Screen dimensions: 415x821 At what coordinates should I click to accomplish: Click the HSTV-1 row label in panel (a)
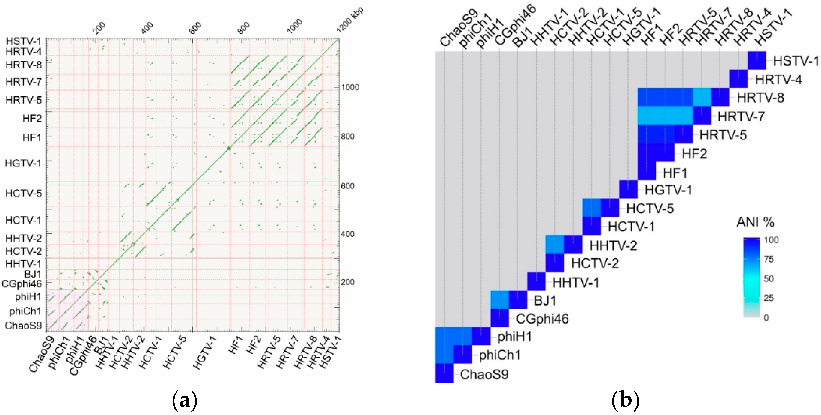[24, 41]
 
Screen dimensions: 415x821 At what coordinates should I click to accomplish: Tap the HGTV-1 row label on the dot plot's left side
[23, 163]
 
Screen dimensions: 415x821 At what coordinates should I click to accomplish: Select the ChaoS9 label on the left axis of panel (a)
[23, 325]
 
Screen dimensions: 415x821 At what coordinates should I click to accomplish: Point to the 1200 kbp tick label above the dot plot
[350, 20]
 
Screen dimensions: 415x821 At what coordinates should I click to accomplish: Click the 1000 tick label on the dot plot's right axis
[350, 87]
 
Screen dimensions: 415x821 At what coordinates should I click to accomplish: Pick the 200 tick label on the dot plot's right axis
[348, 282]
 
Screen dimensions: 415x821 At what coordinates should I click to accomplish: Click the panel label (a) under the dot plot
[184, 401]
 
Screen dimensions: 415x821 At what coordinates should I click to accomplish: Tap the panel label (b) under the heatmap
[625, 401]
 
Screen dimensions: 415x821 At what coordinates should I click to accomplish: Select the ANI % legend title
[755, 222]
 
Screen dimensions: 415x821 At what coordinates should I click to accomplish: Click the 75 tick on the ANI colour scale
[769, 259]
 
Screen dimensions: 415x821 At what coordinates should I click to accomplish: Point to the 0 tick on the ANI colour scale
[766, 318]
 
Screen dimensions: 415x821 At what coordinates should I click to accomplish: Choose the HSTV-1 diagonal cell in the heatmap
[757, 61]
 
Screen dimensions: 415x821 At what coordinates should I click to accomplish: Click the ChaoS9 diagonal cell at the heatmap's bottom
[444, 373]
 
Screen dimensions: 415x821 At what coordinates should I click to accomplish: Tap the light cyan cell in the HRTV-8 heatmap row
[702, 97]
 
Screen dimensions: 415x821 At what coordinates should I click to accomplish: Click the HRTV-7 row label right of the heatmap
[741, 117]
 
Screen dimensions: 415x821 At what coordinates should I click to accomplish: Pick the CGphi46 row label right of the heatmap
[542, 319]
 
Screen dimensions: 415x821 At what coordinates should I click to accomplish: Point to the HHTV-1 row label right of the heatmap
[575, 283]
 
